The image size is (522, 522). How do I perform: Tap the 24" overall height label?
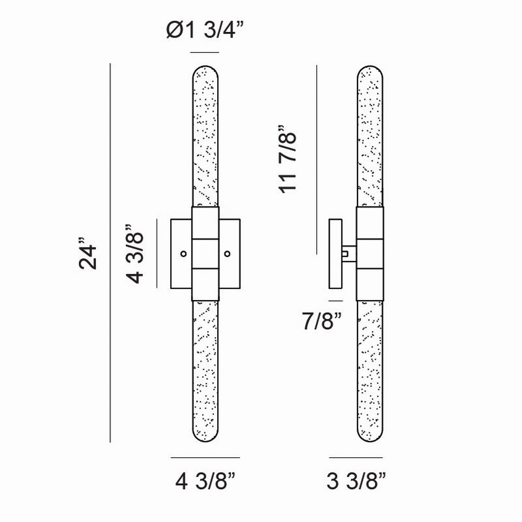pos(88,253)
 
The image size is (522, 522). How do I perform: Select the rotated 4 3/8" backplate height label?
pos(135,254)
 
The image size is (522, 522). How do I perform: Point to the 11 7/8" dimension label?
pos(287,159)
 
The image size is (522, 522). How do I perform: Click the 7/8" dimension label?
pos(322,321)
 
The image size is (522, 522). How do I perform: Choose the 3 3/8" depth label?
pos(356,481)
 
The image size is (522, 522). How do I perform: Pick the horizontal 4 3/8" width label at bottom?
pos(205,481)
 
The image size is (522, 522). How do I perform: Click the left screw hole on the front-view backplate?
pos(183,254)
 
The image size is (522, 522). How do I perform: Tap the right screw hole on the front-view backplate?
pos(228,254)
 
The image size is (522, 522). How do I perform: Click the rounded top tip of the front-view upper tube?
pos(205,66)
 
